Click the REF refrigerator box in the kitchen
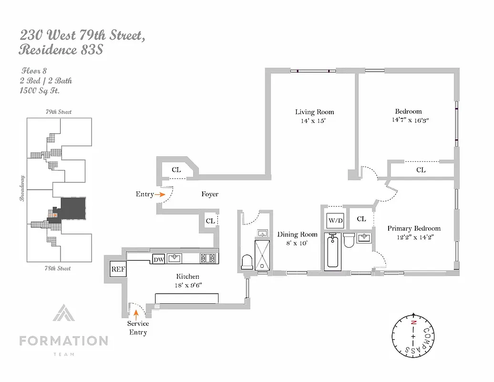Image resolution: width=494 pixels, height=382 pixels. pos(118,269)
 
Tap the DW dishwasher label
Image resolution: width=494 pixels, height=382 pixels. pos(158,259)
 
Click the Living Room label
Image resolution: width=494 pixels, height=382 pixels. pos(314,112)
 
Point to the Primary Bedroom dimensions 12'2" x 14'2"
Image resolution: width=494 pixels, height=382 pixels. pos(413,236)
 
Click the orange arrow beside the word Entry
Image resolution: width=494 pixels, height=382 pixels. pos(160,194)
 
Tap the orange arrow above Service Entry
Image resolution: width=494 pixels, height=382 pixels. pos(136,314)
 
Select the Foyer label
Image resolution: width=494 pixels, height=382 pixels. pos(210,194)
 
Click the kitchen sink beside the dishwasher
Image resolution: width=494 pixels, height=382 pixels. pos(175,259)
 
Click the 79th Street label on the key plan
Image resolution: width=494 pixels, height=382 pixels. pos(58,112)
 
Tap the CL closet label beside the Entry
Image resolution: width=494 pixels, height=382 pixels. pos(176,170)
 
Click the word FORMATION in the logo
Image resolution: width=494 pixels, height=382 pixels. pos(63,341)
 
